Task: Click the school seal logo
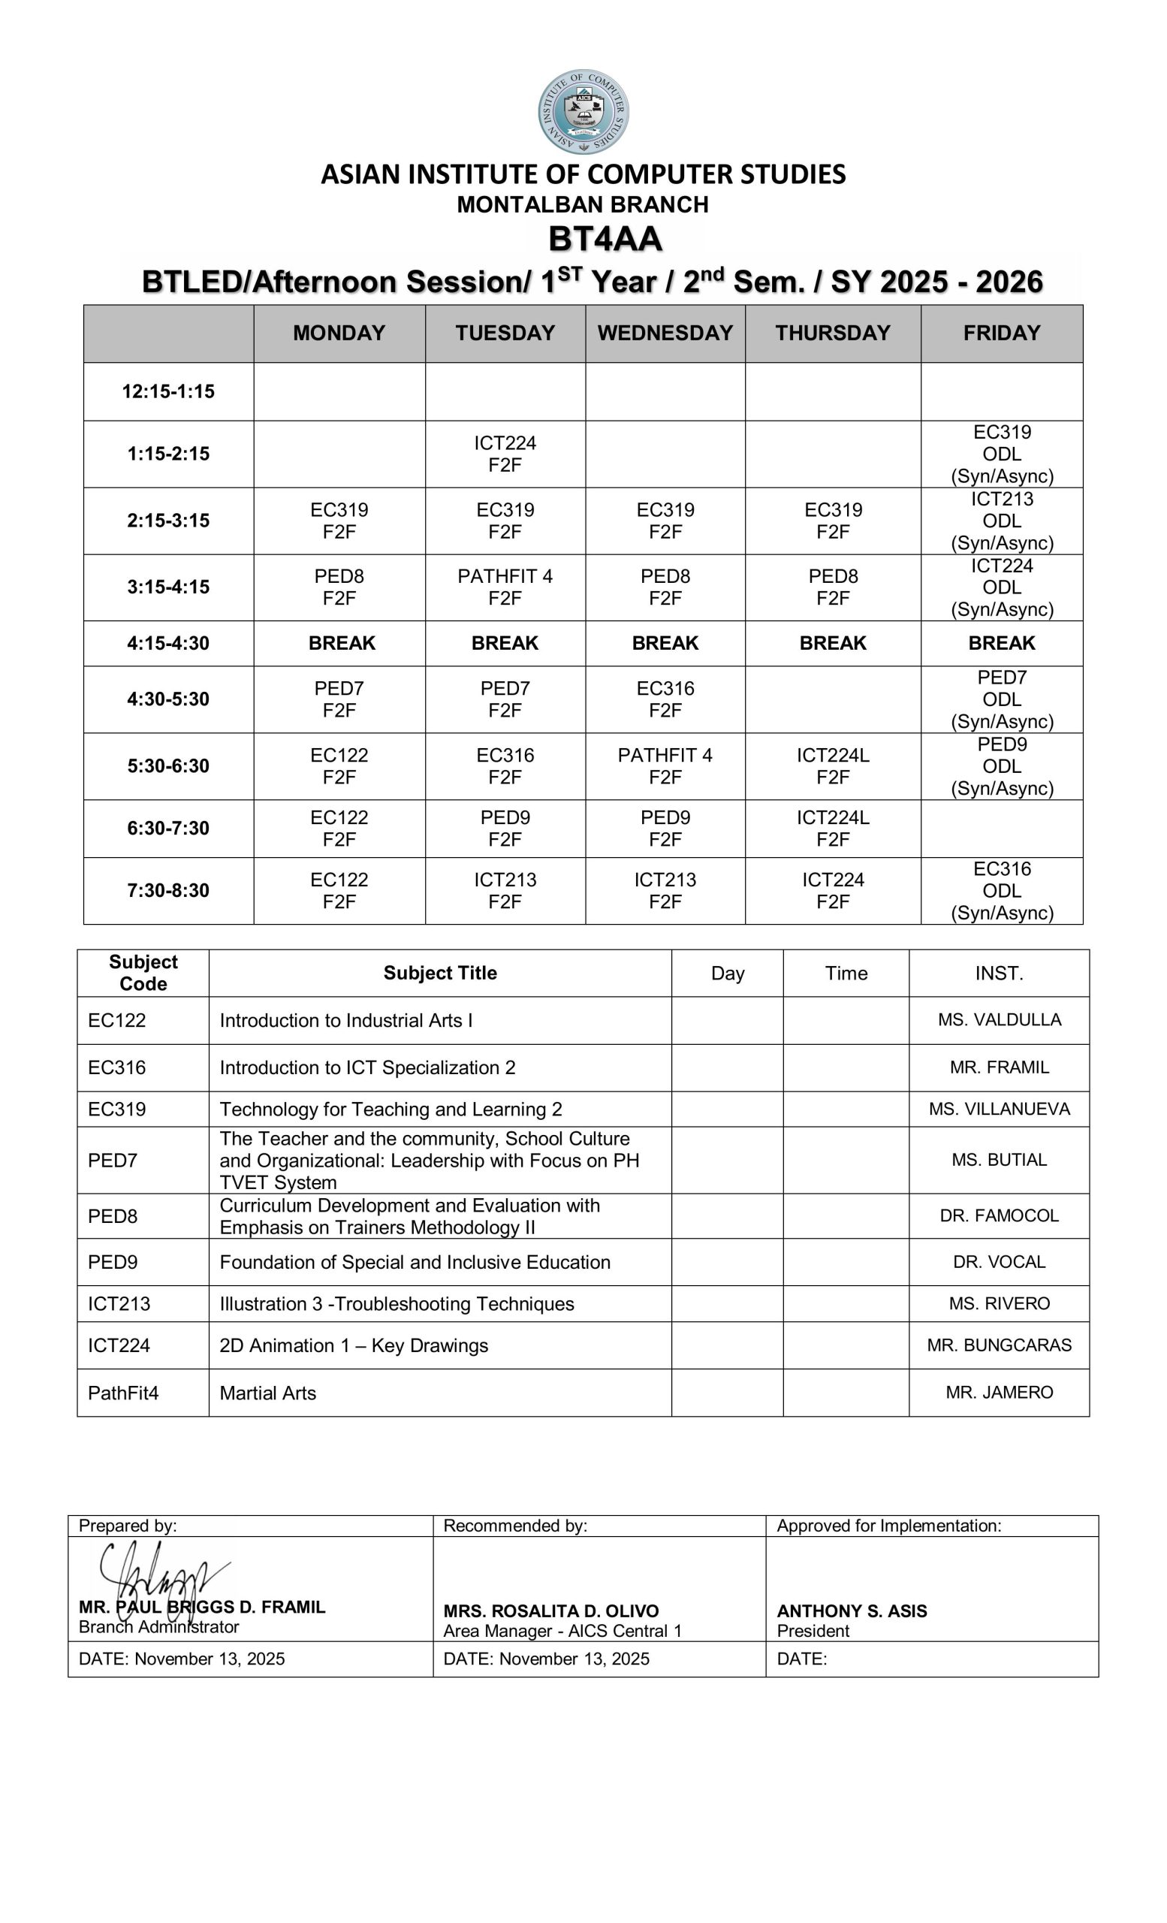tap(583, 112)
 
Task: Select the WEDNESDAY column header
tap(665, 334)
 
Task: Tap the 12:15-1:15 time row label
tap(168, 391)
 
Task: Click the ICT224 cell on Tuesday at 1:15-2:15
tap(505, 454)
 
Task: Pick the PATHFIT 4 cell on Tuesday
tap(505, 587)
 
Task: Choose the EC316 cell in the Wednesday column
tap(665, 699)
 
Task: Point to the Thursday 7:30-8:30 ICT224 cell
tap(832, 890)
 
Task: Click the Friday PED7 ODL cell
tap(1002, 699)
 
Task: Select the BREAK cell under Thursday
tap(832, 643)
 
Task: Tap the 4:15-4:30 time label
tap(168, 643)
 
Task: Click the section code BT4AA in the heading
tap(605, 239)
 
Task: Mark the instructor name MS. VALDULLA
tap(1000, 1019)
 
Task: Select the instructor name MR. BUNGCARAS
tap(1000, 1345)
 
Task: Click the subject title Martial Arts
tap(267, 1393)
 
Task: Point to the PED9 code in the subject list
tap(113, 1262)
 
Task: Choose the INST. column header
tap(1000, 974)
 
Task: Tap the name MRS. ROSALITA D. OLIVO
tap(550, 1611)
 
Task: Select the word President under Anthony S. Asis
tap(813, 1630)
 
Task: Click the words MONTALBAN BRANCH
tap(583, 204)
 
